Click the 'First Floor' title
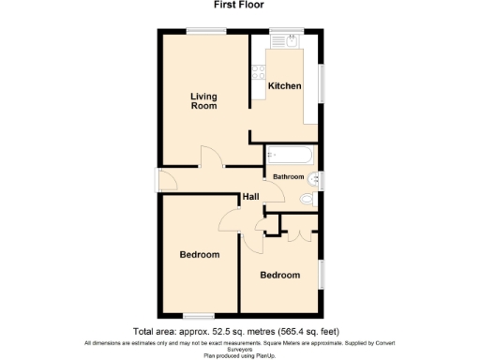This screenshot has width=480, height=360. click(240, 5)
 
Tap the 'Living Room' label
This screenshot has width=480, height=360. click(203, 100)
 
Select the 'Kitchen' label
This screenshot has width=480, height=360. click(285, 86)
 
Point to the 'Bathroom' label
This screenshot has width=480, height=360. click(288, 176)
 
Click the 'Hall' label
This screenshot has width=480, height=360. click(250, 197)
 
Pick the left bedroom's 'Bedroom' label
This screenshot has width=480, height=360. click(200, 255)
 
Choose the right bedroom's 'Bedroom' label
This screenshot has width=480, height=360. click(280, 276)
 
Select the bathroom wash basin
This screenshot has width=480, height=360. click(315, 176)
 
